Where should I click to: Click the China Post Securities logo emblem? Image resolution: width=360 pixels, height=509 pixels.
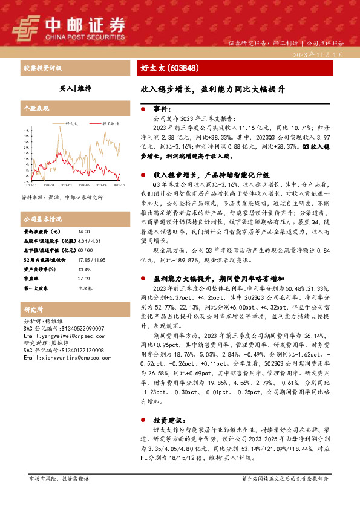click(26, 25)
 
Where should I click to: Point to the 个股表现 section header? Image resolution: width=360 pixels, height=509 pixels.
click(36, 108)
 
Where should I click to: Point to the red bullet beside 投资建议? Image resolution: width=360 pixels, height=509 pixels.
click(142, 419)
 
